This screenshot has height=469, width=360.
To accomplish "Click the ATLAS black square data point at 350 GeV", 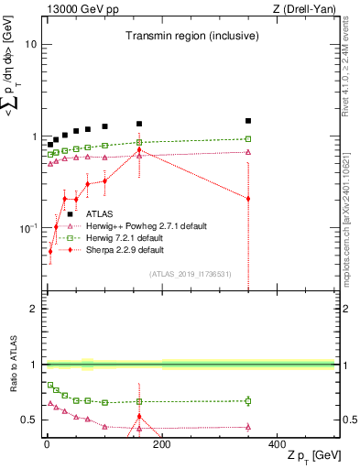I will pos(248,121).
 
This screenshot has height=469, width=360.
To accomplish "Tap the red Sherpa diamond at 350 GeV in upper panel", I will pos(248,198).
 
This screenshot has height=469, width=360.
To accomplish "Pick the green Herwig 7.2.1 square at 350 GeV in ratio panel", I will pos(248,400).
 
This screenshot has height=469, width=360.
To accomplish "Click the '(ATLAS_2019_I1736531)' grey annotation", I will pos(189,274).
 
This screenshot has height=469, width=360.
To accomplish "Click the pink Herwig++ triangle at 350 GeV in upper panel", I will pos(248,152).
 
